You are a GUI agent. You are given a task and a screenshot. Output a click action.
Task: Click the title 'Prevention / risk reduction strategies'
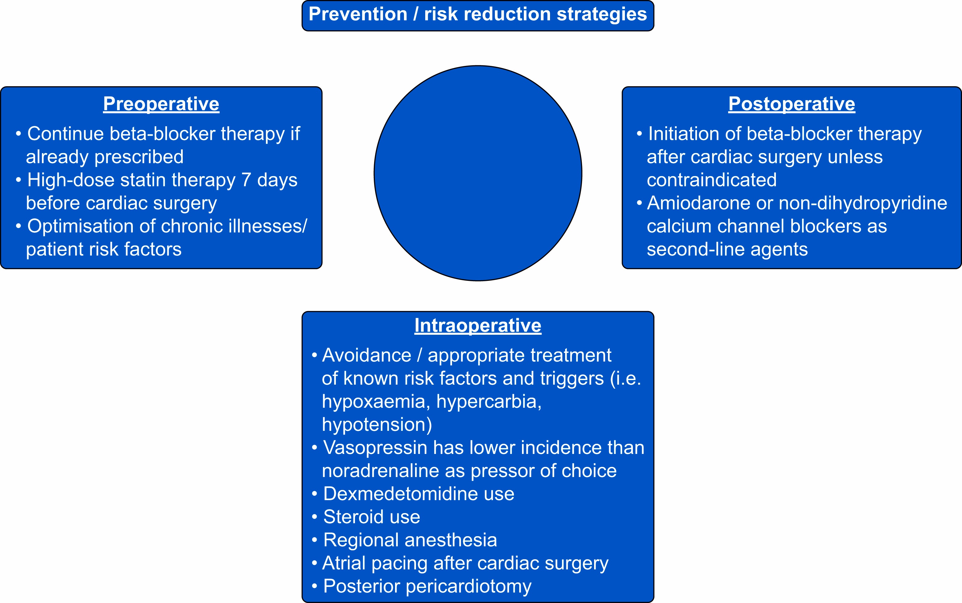(x=478, y=14)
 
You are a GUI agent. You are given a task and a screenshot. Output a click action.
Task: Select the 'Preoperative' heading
(x=161, y=104)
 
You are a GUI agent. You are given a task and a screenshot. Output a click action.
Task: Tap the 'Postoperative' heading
(x=792, y=104)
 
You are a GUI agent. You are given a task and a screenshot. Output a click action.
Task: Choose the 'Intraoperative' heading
(x=478, y=326)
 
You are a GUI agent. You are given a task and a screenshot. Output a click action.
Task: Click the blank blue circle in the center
(x=478, y=173)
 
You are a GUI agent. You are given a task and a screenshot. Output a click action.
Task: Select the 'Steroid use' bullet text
(x=372, y=517)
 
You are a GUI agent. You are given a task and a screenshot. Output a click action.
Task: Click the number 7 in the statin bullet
(x=246, y=180)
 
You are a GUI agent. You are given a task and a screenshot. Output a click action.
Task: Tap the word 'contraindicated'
(x=712, y=180)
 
